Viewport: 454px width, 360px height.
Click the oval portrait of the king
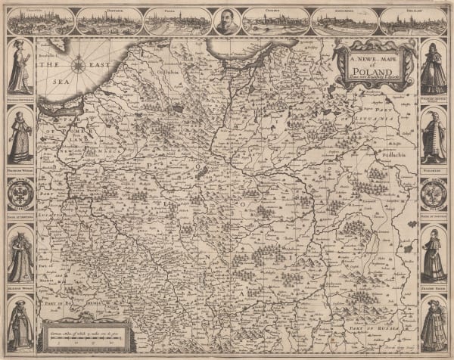(221, 21)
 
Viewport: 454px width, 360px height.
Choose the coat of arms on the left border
(20, 195)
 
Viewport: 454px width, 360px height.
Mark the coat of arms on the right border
(434, 195)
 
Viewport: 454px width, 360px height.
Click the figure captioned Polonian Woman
(20, 136)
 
